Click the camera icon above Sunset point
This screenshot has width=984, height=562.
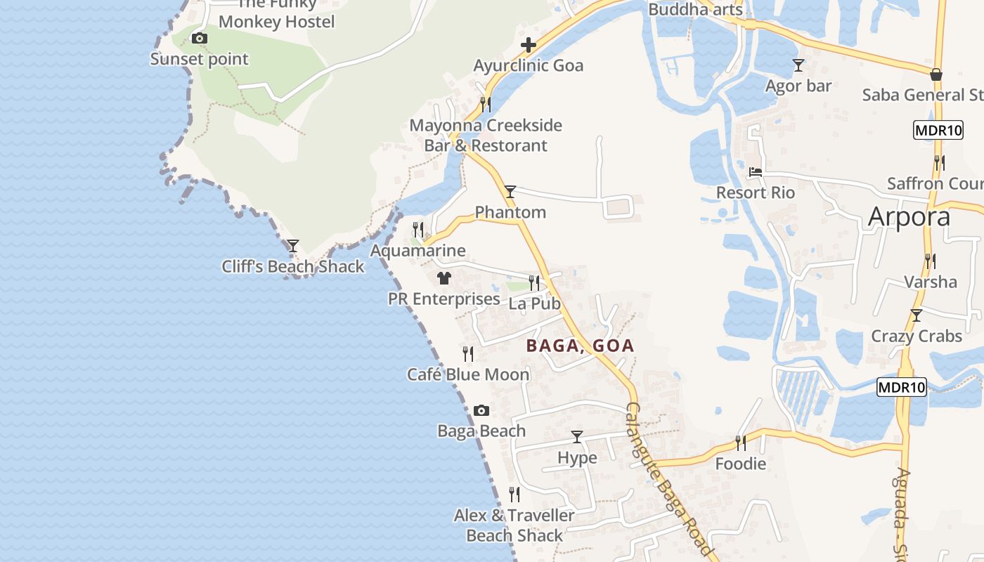(200, 39)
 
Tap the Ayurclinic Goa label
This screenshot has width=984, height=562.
(528, 66)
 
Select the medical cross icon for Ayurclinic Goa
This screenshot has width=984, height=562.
(529, 46)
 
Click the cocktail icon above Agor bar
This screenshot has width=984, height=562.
(798, 65)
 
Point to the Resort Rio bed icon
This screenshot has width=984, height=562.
(756, 171)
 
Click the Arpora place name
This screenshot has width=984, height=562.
(909, 217)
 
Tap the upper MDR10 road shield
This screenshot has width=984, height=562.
(938, 130)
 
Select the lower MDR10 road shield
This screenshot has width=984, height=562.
(902, 386)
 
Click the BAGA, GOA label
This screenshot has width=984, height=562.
(580, 346)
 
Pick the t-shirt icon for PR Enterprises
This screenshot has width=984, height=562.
(444, 278)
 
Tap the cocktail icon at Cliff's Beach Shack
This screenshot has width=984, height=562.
(293, 246)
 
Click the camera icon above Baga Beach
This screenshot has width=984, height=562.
(481, 410)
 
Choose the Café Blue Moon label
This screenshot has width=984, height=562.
(468, 374)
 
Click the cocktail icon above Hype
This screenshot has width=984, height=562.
(577, 437)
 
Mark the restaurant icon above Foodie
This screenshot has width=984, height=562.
(741, 443)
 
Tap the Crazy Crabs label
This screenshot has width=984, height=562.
(917, 336)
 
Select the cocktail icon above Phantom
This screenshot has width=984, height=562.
(510, 191)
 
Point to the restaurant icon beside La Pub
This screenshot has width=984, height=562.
(534, 283)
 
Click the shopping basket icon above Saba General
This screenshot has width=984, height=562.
(936, 74)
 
